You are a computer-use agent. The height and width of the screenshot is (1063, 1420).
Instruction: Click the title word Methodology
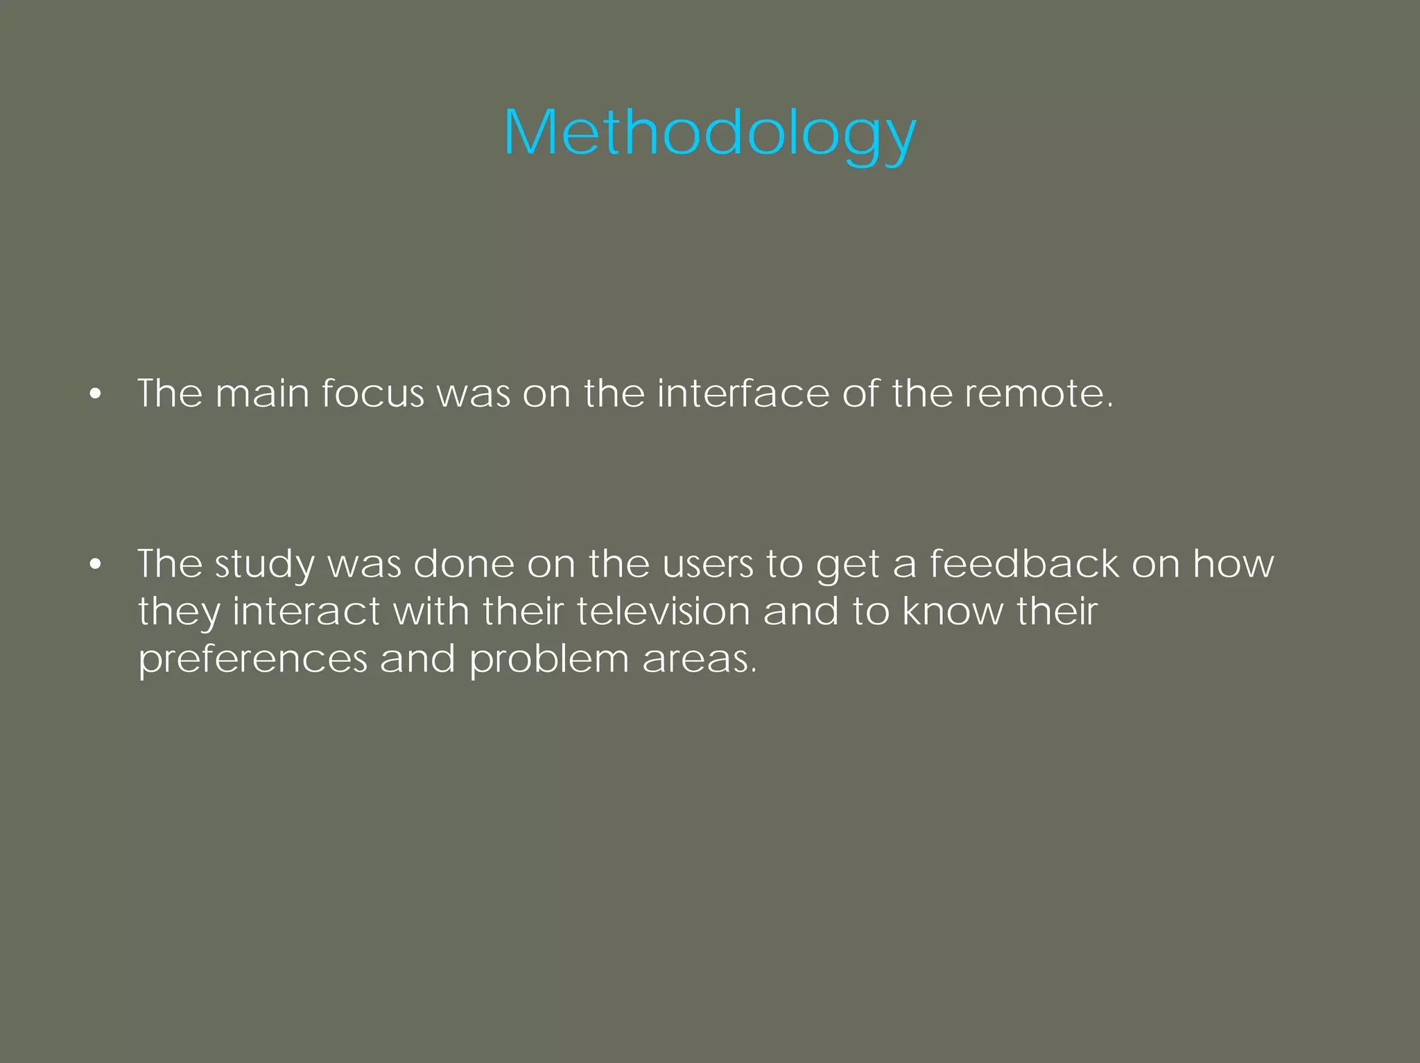709,133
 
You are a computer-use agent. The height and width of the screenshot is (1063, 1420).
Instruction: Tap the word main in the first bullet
262,394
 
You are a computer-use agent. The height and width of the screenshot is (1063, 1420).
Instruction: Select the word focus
372,394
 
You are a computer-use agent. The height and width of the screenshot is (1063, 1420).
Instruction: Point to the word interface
743,394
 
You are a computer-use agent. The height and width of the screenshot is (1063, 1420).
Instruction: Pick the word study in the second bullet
264,565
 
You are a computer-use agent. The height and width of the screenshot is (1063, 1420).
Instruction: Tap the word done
464,563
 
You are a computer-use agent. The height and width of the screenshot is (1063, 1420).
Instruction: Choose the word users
707,563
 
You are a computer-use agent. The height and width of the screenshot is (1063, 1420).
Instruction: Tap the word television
663,611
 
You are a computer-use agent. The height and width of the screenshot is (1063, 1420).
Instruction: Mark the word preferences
252,659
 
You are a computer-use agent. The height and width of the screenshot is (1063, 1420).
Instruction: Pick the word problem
548,659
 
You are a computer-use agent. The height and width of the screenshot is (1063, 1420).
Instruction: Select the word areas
699,659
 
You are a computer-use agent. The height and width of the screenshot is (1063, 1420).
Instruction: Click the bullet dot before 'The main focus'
95,394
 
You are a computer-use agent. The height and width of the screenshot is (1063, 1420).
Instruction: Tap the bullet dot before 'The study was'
95,565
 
